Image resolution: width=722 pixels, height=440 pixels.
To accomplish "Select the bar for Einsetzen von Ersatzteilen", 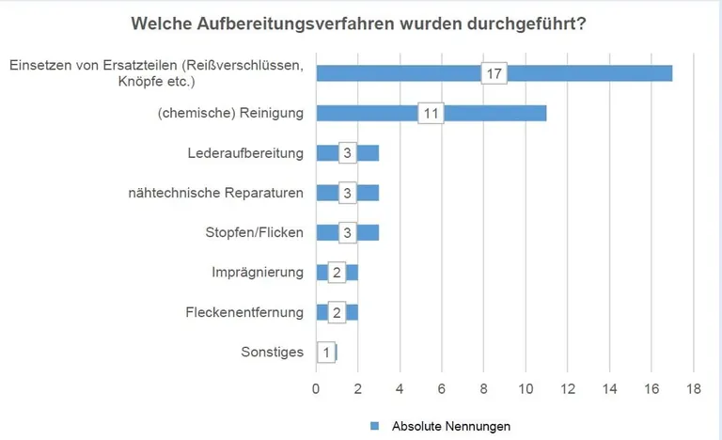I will [x=583, y=73].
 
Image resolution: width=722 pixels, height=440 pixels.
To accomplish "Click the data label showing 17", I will [x=494, y=73].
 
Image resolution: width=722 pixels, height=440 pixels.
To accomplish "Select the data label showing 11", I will [x=431, y=113].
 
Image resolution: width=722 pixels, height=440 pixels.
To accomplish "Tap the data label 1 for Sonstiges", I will [x=325, y=353].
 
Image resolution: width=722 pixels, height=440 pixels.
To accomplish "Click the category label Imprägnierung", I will [x=258, y=273].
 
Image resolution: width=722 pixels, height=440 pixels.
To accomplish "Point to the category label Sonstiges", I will [x=272, y=353].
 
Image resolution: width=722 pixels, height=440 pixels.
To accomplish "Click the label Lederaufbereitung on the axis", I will [x=245, y=153].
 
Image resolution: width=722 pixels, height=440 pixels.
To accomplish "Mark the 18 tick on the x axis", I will [x=694, y=388].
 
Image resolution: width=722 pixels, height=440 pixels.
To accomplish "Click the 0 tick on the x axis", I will [x=316, y=388].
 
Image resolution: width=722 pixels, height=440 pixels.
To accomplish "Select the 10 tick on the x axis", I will [x=526, y=388].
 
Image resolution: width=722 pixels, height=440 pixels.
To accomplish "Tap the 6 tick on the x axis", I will [x=442, y=388].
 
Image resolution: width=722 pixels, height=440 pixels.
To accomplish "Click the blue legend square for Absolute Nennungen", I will [x=374, y=426].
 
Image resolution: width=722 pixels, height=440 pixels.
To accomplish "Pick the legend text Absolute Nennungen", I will [x=450, y=426].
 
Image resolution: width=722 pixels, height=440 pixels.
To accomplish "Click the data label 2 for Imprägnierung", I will [x=337, y=273].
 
